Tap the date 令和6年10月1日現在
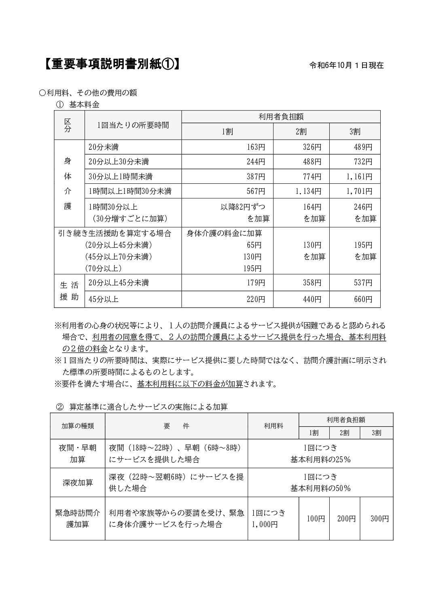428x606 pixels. coord(346,65)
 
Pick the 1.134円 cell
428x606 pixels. coord(308,191)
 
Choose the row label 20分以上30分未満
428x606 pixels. coord(119,162)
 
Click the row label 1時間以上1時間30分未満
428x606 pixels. coord(130,191)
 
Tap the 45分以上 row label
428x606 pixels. coord(103,300)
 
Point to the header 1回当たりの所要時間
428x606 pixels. coord(133,125)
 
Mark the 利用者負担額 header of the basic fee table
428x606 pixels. coord(281,117)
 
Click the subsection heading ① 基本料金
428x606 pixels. coord(78,104)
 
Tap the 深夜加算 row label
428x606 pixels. coord(78,483)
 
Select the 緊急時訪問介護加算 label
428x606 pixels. coord(77,519)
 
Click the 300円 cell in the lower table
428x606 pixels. coord(379,519)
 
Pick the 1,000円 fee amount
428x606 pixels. coord(265,525)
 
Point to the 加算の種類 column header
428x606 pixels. coord(78,426)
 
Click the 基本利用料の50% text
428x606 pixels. coord(320,488)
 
